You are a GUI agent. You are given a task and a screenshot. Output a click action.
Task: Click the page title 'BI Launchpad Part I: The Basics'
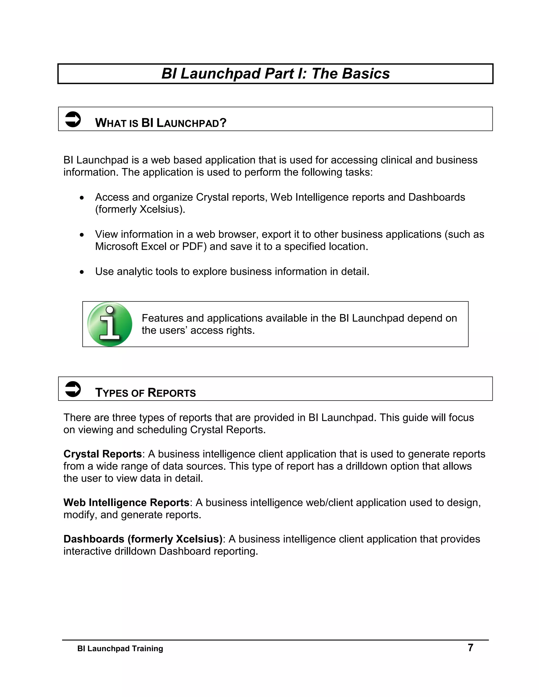275,74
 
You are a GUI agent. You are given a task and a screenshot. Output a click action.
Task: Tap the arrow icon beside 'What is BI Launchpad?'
73,119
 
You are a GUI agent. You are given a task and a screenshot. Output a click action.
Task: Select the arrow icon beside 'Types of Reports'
73,389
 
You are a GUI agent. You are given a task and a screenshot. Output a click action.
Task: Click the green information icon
109,324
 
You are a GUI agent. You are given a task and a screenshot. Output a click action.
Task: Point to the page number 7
470,648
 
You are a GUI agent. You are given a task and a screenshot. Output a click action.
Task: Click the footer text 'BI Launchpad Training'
120,649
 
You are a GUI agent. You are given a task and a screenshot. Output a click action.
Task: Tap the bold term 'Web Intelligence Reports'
126,502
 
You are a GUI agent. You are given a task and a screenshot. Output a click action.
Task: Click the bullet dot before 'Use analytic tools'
82,272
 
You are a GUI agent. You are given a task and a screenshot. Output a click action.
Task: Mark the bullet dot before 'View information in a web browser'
82,235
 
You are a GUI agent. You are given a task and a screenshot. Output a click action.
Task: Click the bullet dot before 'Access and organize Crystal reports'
82,198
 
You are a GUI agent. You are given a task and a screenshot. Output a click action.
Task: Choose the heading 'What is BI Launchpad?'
161,123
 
